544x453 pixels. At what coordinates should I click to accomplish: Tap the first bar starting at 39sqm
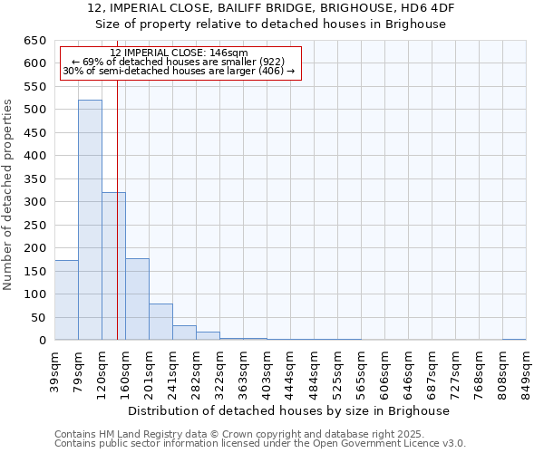[x=66, y=300]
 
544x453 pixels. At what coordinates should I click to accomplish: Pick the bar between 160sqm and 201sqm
[x=137, y=299]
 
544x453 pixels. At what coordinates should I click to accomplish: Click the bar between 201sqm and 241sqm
[x=160, y=322]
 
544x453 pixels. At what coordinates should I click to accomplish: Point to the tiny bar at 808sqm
[x=514, y=339]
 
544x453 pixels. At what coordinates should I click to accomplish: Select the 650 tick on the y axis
[x=34, y=41]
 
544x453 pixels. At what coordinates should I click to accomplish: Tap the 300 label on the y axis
[x=34, y=202]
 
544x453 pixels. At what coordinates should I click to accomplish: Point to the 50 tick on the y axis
[x=38, y=317]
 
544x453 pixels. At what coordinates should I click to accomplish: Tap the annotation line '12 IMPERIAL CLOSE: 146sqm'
[x=178, y=53]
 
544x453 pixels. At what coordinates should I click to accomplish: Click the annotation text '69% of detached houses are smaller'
[x=178, y=63]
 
